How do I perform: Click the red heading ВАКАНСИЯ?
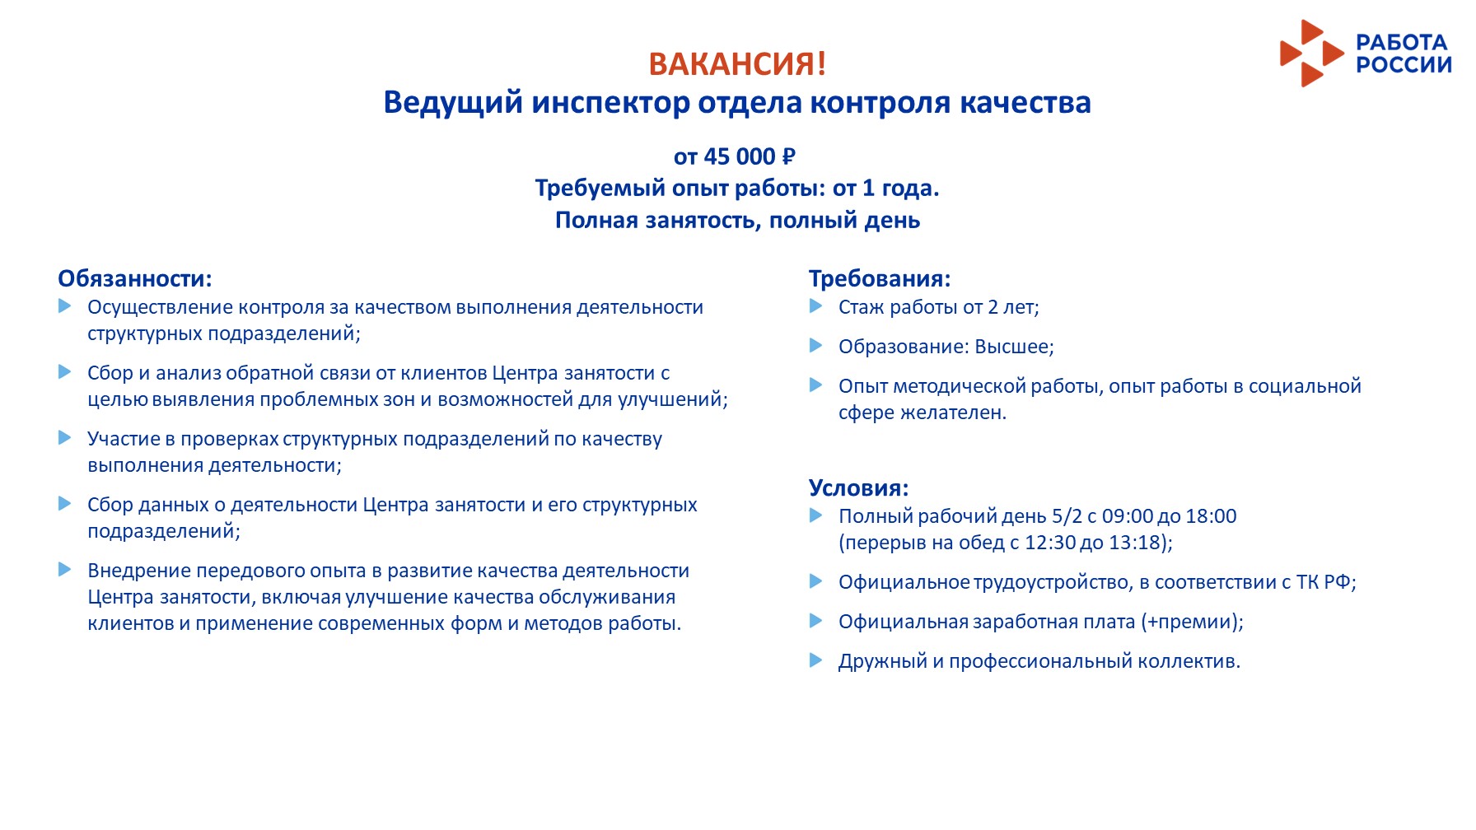click(x=737, y=64)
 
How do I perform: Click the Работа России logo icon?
click(x=1311, y=54)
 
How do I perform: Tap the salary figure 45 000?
click(x=740, y=156)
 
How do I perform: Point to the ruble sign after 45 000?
click(x=788, y=156)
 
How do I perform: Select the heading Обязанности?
click(x=135, y=278)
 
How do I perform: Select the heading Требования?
click(x=880, y=278)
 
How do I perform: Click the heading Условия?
click(x=858, y=487)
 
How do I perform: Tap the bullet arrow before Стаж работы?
click(x=816, y=306)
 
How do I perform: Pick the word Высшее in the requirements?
click(x=1014, y=347)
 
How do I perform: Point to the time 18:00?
click(x=1211, y=516)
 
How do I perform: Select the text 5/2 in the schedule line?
click(x=1067, y=516)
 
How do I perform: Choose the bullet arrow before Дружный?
click(x=816, y=660)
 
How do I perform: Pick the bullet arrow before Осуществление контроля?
click(x=65, y=306)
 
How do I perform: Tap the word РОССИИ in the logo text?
click(x=1404, y=65)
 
